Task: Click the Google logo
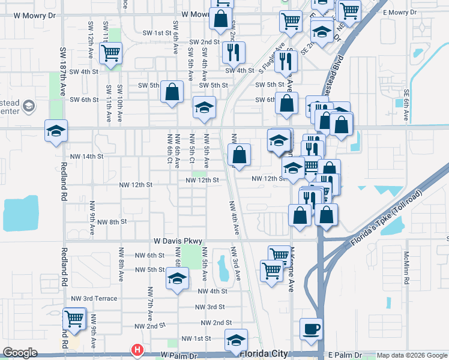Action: tap(20, 353)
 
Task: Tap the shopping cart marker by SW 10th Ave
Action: tap(111, 53)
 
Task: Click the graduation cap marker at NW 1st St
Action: tap(237, 339)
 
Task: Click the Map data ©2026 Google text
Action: tap(412, 355)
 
